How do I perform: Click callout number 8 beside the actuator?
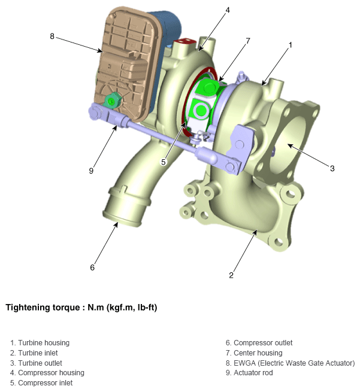pos(52,37)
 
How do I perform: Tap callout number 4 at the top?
pos(228,10)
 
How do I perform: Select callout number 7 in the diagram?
pos(247,41)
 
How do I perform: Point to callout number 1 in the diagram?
pos(290,45)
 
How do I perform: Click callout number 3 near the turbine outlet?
pos(332,168)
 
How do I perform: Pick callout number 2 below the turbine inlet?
pos(231,275)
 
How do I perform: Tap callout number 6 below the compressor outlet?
pos(92,268)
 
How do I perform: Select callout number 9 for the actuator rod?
pos(91,171)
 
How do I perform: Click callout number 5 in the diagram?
pos(164,162)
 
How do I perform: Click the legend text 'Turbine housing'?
pos(44,343)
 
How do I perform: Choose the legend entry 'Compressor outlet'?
pos(263,343)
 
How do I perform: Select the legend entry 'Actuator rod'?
pos(253,373)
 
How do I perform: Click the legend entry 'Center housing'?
pos(258,353)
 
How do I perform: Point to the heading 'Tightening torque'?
pos(43,307)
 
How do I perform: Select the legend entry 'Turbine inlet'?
pos(38,353)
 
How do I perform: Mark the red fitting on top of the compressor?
pos(184,44)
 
